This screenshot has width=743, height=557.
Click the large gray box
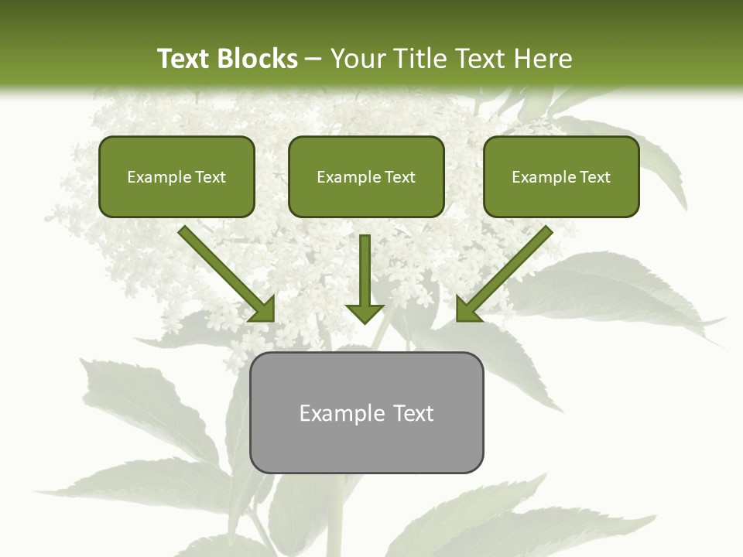pyautogui.click(x=367, y=445)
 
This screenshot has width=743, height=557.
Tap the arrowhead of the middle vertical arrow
pyautogui.click(x=365, y=313)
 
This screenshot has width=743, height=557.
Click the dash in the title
pyautogui.click(x=313, y=60)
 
